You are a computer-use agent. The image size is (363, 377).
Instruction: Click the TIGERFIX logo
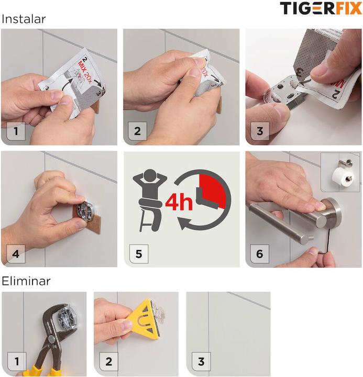(321, 8)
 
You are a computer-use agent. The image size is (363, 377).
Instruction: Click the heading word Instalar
(24, 19)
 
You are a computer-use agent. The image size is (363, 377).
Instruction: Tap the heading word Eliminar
(26, 281)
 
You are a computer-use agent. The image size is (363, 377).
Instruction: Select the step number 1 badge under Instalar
(16, 131)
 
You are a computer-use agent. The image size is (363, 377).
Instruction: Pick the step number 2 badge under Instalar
(137, 131)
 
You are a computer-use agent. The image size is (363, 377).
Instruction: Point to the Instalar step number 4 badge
(16, 254)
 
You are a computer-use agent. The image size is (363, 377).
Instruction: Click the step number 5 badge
(139, 254)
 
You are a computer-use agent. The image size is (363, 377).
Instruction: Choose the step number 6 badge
(260, 254)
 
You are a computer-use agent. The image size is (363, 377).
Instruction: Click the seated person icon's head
(150, 175)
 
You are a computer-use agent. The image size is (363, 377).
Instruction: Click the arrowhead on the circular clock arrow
(183, 224)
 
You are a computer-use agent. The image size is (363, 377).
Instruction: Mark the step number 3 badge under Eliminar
(201, 362)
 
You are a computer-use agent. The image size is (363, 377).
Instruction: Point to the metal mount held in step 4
(85, 210)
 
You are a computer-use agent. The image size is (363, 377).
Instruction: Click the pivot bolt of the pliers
(51, 339)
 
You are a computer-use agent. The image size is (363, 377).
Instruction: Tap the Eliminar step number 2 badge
(109, 362)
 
